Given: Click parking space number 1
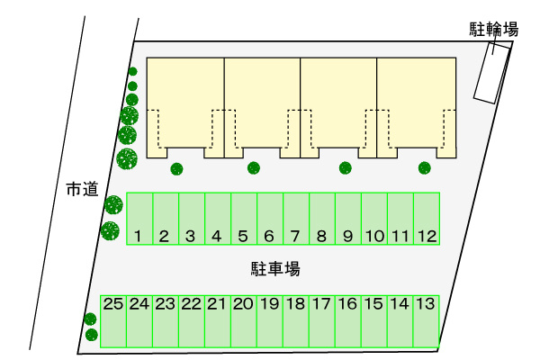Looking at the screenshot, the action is click(139, 219).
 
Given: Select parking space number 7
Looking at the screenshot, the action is click(296, 219).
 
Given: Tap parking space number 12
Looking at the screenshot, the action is click(427, 219).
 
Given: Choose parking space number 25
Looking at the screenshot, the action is click(113, 321).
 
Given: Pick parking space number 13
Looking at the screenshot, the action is click(426, 321).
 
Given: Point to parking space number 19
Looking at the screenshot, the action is click(270, 321).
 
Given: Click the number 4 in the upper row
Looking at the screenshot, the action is click(217, 237).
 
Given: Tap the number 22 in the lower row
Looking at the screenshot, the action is click(192, 304).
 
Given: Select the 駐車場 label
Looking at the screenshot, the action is click(275, 269).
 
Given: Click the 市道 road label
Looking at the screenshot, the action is click(82, 189).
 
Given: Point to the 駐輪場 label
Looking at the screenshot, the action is click(493, 30).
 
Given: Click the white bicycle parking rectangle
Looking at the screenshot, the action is click(491, 73).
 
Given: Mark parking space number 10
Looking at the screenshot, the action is click(374, 219).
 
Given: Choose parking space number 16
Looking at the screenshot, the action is click(347, 321).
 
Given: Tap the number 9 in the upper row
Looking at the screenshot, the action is click(347, 237).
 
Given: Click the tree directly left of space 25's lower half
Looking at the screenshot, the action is click(92, 335).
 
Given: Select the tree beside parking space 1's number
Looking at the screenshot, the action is click(110, 230).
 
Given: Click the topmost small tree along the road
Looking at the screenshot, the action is click(132, 71).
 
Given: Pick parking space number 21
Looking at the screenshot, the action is click(218, 321).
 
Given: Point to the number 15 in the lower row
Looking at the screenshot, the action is click(373, 304).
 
